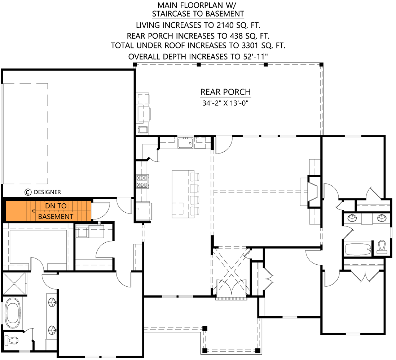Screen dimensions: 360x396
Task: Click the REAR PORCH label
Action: (x=225, y=92)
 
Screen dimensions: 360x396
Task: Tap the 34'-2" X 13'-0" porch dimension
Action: (x=225, y=103)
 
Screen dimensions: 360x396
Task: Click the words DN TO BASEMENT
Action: (x=56, y=211)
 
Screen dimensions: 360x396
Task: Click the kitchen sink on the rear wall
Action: (x=186, y=143)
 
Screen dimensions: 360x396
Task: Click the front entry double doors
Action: (x=231, y=289)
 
